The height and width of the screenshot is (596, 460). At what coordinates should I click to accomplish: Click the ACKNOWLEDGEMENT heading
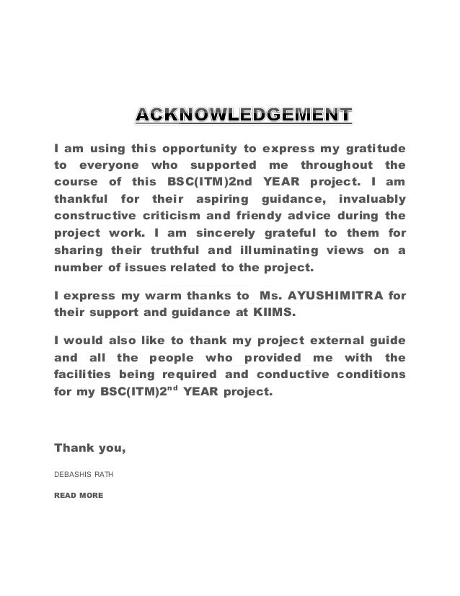click(x=244, y=115)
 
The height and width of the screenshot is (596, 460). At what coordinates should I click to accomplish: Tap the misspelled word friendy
click(x=267, y=215)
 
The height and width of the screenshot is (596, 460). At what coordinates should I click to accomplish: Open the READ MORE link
click(x=79, y=496)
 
